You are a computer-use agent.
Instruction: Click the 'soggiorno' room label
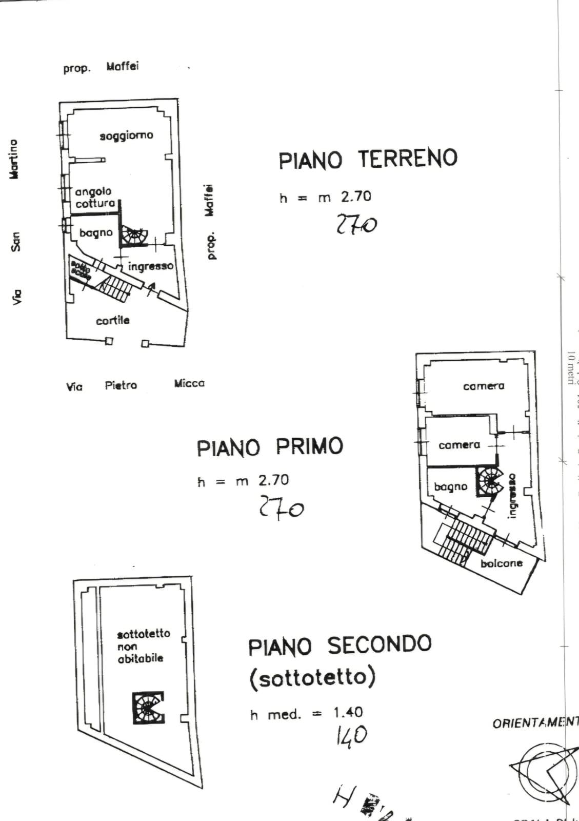126,135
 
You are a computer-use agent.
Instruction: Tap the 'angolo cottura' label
95,198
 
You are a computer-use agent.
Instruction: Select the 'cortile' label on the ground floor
113,320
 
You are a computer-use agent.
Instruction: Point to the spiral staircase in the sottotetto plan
148,708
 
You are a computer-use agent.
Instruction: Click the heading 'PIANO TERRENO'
368,159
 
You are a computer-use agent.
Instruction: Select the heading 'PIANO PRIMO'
270,447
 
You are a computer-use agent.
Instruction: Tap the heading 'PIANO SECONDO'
340,646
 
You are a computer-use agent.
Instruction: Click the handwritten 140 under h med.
351,735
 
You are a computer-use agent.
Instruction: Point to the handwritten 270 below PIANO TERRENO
356,225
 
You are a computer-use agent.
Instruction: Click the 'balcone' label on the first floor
502,563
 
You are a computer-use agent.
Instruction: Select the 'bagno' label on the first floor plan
451,486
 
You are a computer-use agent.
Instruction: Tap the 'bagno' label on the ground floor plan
96,233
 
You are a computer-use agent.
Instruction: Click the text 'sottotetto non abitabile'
143,646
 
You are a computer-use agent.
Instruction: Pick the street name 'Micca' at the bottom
189,383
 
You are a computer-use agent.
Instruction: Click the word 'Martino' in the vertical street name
14,159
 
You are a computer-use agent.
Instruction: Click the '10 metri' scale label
570,367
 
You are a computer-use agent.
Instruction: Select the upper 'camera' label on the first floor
484,386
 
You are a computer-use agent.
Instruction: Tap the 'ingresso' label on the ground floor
150,266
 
